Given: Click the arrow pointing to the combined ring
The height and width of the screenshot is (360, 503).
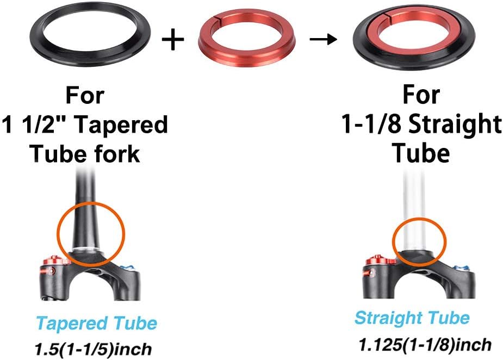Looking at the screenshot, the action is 324,39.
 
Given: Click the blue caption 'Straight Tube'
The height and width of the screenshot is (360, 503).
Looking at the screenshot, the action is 412,318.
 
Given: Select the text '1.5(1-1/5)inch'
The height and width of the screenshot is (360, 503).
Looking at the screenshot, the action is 94,349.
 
